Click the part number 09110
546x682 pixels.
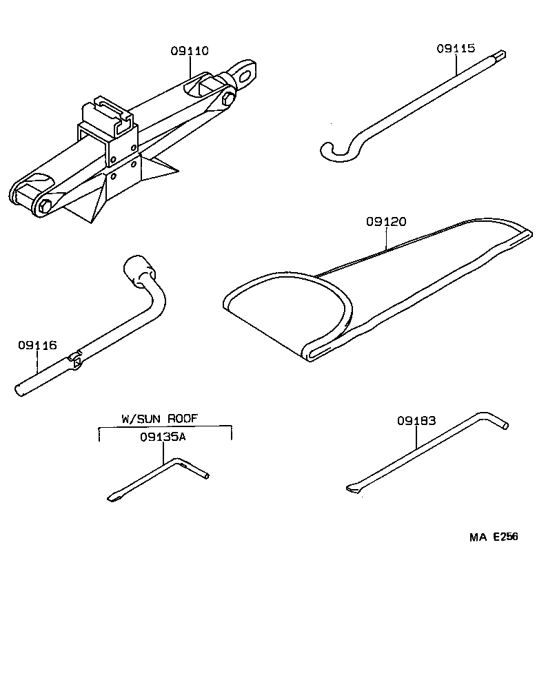[x=190, y=51]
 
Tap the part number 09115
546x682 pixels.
[x=455, y=48]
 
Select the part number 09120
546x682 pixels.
[x=386, y=222]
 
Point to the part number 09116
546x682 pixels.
[x=38, y=346]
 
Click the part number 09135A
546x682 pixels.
[x=163, y=437]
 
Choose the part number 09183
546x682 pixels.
[x=416, y=421]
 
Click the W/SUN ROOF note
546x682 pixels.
[x=165, y=418]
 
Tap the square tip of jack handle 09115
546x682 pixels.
[x=501, y=56]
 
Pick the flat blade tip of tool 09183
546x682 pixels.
[x=352, y=488]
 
